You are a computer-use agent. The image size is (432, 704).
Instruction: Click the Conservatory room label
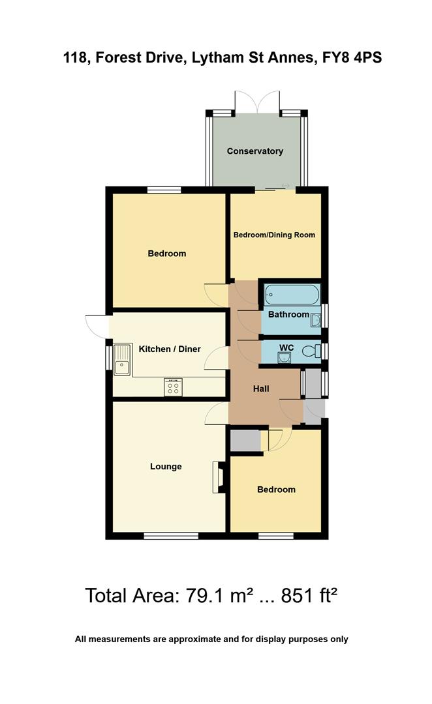point(255,151)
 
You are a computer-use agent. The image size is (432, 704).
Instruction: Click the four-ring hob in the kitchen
point(174,387)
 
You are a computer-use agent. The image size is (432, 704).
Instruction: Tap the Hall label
point(261,389)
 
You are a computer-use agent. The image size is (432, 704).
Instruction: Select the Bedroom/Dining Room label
point(274,235)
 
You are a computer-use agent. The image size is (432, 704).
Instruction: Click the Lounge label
point(166,467)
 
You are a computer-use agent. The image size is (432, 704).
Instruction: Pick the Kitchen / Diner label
point(170,349)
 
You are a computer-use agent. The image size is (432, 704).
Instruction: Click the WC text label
point(286,348)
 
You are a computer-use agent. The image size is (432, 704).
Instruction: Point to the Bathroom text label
point(288,314)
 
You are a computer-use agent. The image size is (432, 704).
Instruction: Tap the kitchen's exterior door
point(96,325)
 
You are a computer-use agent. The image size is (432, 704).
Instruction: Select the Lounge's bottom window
point(170,536)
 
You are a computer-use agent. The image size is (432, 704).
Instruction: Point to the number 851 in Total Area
point(298,596)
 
